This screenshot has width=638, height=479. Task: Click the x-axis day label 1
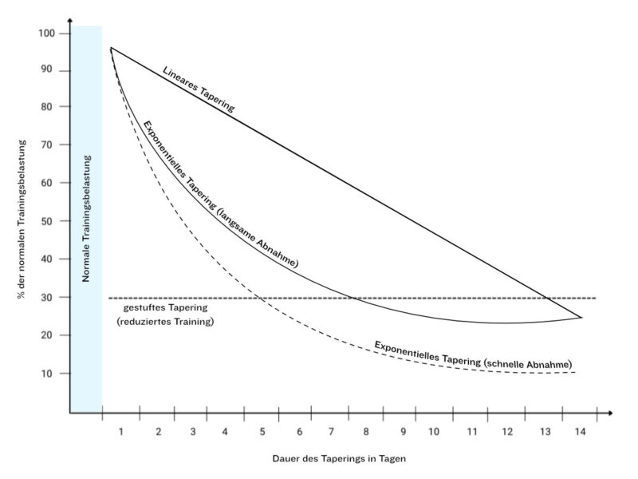click(x=121, y=432)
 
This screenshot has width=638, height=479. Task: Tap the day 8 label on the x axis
click(x=366, y=432)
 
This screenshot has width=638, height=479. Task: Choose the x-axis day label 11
click(x=472, y=432)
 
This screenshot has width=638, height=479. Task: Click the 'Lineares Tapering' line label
click(x=199, y=89)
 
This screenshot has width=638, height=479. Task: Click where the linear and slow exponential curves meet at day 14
click(x=581, y=318)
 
